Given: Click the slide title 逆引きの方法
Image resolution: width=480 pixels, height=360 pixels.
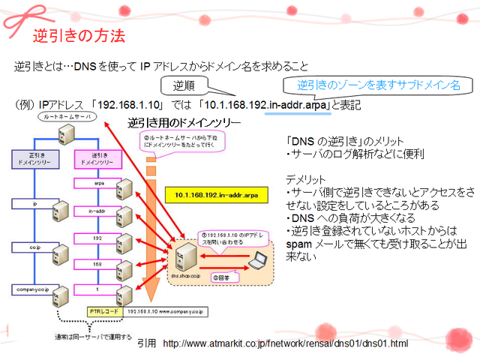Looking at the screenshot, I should [x=79, y=35].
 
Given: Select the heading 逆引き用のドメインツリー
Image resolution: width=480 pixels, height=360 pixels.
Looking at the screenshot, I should [x=184, y=121].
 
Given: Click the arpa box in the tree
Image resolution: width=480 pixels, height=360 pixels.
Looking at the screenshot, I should [x=99, y=182].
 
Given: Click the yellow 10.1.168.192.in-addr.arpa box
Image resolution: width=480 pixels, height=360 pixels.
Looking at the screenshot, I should [x=217, y=194].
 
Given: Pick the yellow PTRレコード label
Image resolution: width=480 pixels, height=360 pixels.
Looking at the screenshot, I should [x=100, y=310].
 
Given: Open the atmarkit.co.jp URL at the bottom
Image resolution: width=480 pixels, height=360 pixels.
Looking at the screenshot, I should [x=285, y=343].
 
